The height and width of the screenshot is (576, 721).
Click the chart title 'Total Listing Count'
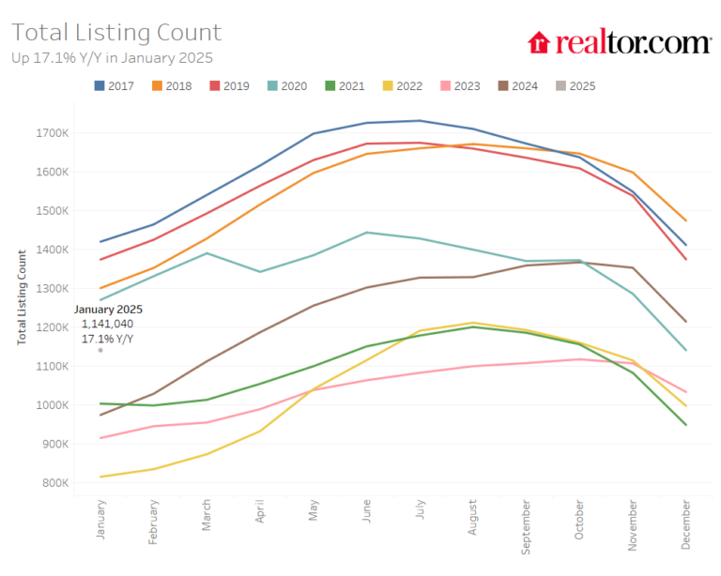(x=116, y=33)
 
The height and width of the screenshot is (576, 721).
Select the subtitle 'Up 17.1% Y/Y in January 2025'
(x=112, y=58)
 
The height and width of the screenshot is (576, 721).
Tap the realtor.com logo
(x=620, y=42)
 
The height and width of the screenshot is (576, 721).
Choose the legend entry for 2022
(x=401, y=86)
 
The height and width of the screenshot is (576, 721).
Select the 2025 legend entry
(x=574, y=86)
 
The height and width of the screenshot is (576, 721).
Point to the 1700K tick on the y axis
(x=53, y=133)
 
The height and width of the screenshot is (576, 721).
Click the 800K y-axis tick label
(x=54, y=483)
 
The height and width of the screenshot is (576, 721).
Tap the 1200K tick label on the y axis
(x=53, y=327)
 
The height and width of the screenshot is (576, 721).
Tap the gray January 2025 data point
(x=100, y=350)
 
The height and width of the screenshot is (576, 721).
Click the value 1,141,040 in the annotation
(x=107, y=324)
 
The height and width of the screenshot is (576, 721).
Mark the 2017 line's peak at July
(x=420, y=120)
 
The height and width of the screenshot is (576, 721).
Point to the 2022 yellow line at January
(x=100, y=477)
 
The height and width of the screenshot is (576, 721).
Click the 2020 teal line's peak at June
(x=366, y=233)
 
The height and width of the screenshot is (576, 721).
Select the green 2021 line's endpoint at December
(x=686, y=425)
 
